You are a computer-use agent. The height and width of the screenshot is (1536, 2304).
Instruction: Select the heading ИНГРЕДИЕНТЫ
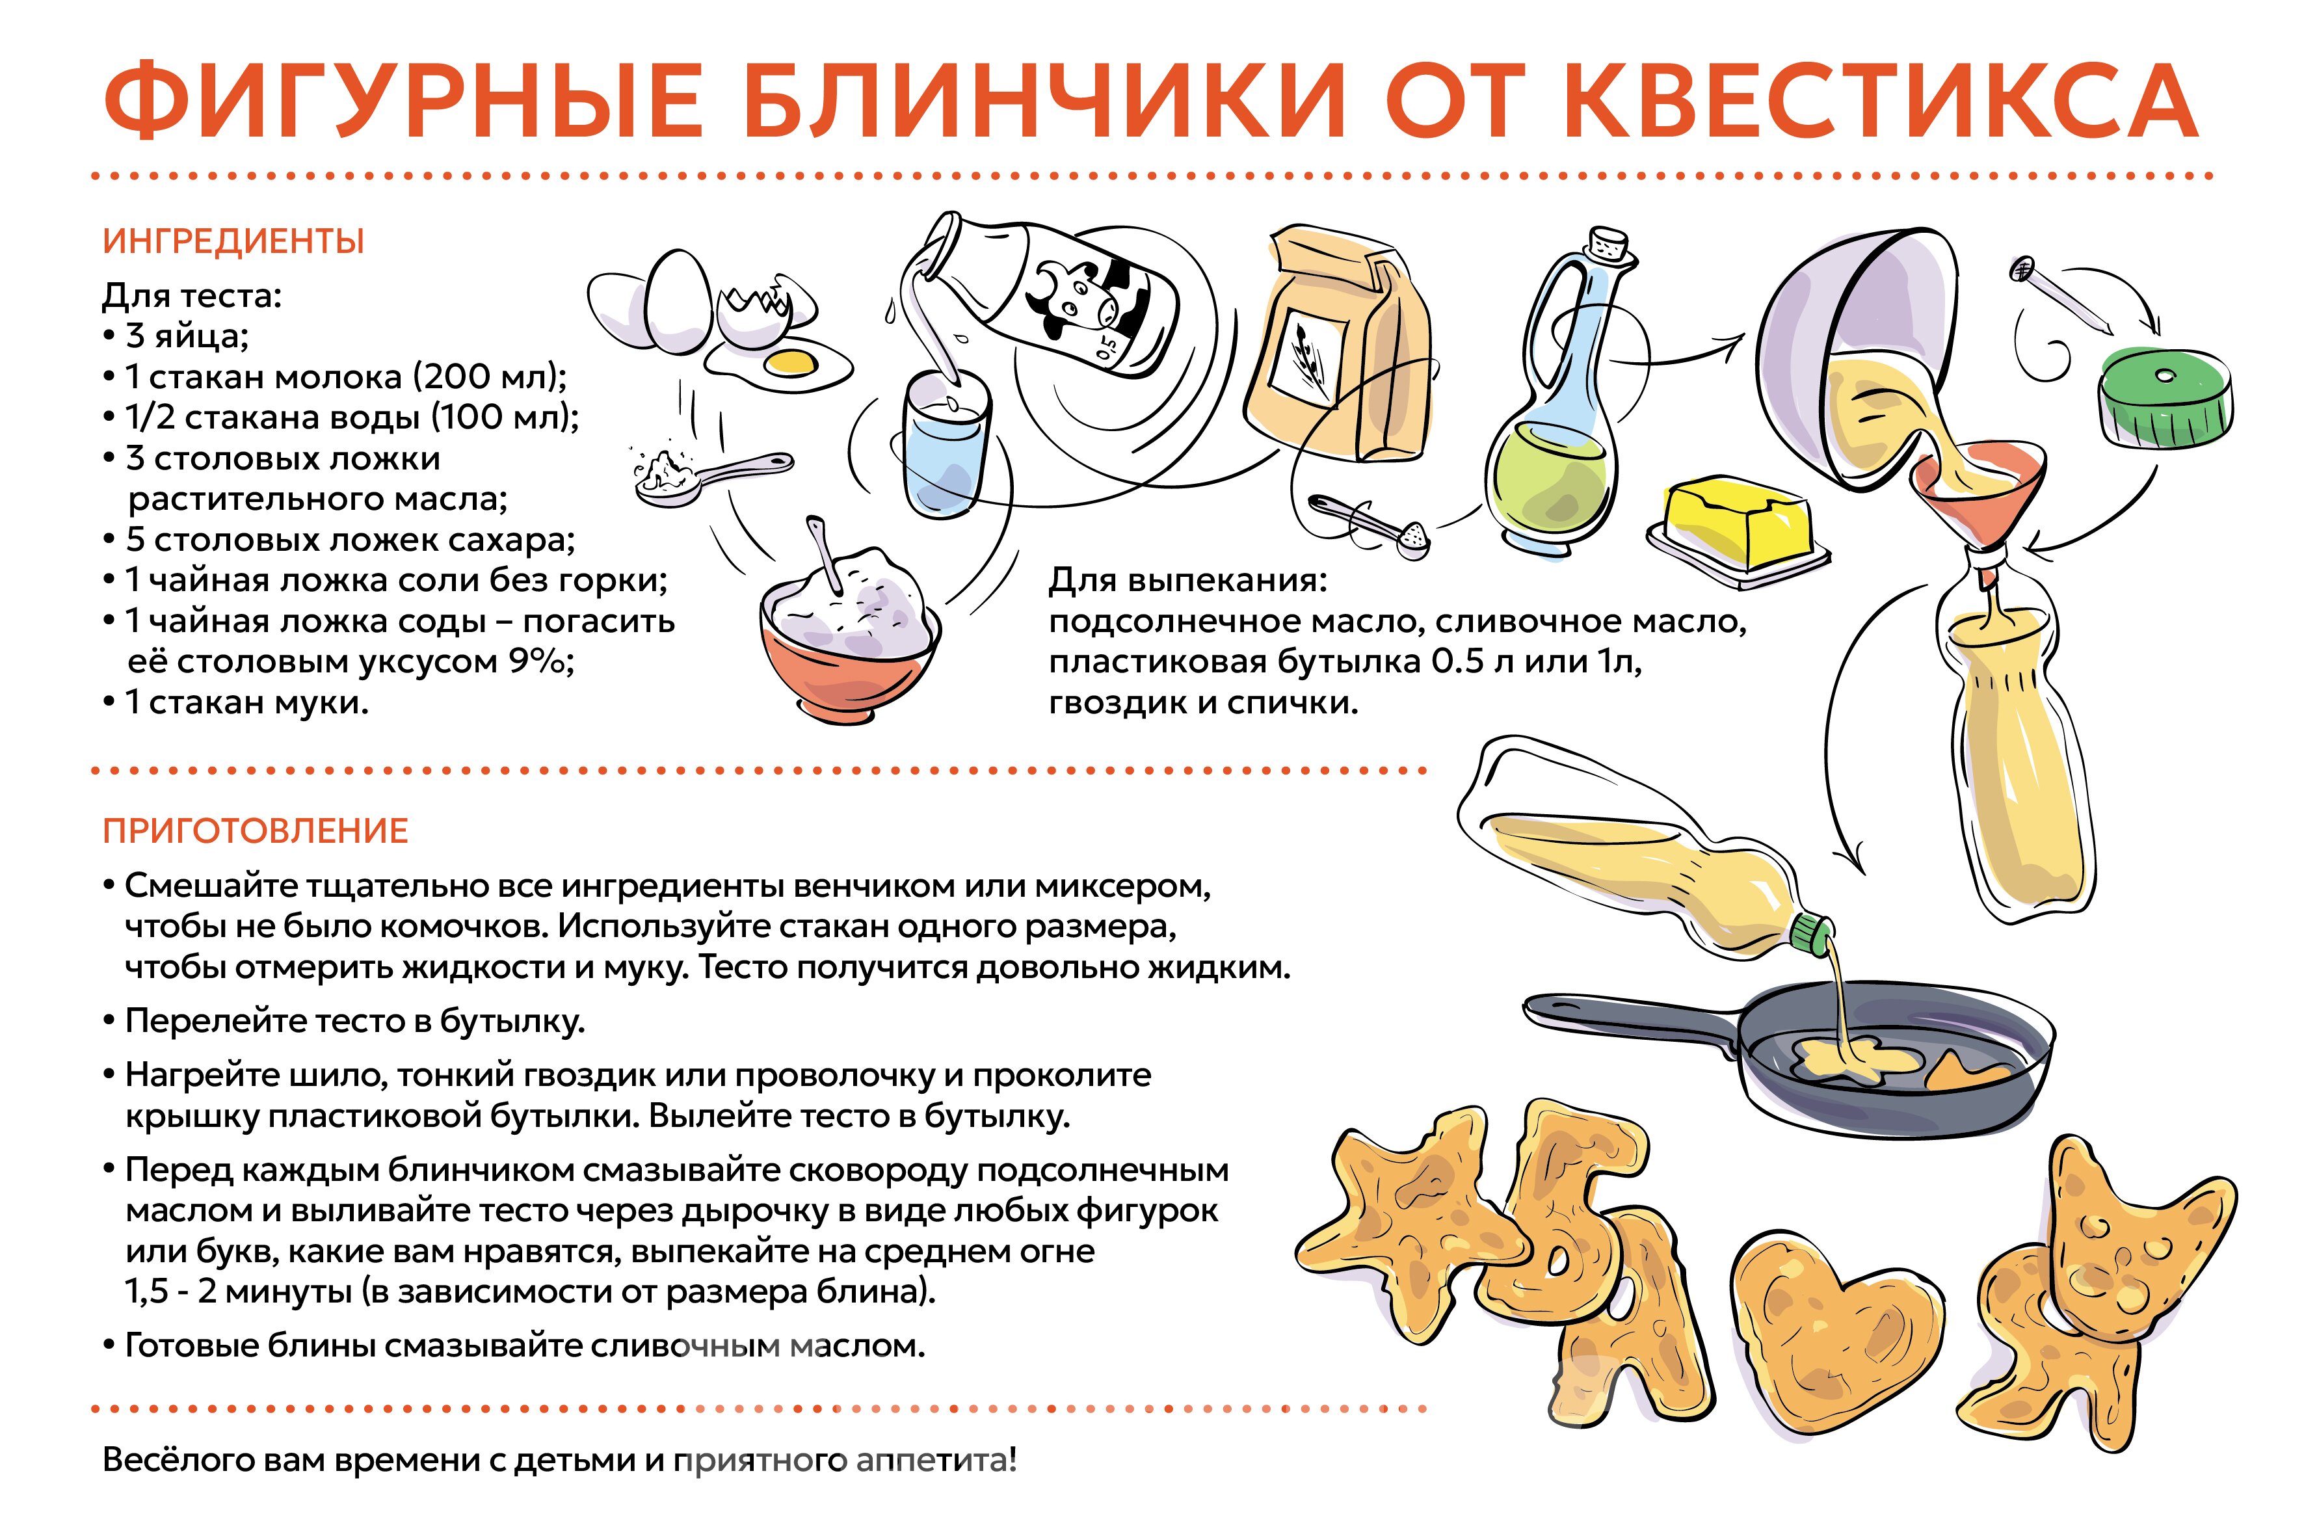click(x=233, y=241)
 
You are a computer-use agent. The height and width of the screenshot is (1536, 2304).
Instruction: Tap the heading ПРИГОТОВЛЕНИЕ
click(x=256, y=830)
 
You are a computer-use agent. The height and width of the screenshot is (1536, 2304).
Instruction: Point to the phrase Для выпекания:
click(x=1187, y=580)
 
